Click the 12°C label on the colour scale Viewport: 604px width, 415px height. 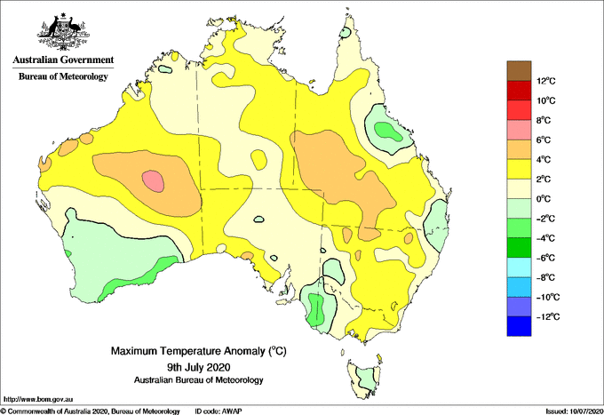546,81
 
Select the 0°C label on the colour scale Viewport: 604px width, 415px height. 544,199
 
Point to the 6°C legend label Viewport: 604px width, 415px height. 544,140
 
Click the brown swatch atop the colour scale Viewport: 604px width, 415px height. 519,71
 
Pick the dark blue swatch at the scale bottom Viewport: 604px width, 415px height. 519,326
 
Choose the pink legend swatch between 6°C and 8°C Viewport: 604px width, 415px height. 519,130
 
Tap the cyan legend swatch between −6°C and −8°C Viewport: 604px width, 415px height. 519,267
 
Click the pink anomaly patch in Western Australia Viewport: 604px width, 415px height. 153,181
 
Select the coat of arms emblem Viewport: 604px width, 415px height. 63,32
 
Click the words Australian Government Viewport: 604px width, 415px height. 63,60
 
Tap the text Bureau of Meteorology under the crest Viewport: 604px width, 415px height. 63,76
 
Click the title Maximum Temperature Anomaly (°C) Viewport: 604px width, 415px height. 199,351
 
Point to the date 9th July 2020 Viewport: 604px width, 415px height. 199,366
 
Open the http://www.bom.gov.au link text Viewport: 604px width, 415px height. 38,400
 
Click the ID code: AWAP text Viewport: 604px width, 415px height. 219,411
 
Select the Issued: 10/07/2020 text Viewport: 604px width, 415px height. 575,411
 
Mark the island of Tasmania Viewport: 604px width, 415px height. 364,378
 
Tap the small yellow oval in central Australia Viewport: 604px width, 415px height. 258,160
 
